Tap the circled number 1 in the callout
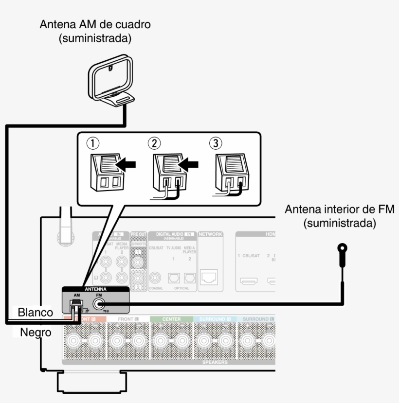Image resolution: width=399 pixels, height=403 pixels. [x=92, y=143]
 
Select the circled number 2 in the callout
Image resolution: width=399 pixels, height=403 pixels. [x=154, y=143]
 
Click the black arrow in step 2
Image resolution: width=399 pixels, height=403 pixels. [x=189, y=165]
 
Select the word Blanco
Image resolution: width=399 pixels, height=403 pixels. [x=35, y=312]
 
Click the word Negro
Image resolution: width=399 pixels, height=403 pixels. [x=35, y=333]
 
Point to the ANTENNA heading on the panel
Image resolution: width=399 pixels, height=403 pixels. [x=95, y=288]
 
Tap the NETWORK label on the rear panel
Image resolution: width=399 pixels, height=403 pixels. [x=210, y=234]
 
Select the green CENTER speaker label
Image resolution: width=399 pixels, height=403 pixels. [x=171, y=319]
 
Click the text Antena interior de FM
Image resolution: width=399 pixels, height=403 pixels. [x=339, y=210]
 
